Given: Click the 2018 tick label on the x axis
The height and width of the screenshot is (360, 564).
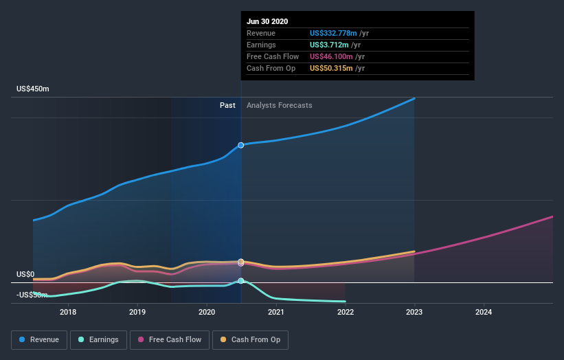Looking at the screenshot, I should [68, 312].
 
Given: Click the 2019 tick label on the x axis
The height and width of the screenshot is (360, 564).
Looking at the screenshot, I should [137, 312].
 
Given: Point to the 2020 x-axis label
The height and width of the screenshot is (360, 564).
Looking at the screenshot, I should [207, 312].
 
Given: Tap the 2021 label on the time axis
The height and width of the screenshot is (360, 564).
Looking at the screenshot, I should [276, 312].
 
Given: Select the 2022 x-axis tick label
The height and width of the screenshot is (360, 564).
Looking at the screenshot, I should [346, 312].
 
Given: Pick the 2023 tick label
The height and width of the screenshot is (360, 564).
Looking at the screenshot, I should [415, 312].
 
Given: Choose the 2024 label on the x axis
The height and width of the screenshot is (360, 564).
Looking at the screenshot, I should [484, 312].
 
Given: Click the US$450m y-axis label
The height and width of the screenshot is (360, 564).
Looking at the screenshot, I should [34, 89].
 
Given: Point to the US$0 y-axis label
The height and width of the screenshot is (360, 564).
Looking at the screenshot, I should [25, 274].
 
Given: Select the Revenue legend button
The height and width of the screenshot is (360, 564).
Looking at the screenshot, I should [40, 339].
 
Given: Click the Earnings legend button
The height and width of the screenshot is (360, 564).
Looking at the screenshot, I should [98, 339].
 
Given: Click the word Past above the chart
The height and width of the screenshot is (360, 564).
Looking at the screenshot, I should [227, 105].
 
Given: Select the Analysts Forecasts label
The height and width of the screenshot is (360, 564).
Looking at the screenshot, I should [280, 105].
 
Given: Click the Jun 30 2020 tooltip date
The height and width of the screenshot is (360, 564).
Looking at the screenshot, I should [268, 21].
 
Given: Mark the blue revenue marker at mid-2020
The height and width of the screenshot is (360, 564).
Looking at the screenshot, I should [241, 145].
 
